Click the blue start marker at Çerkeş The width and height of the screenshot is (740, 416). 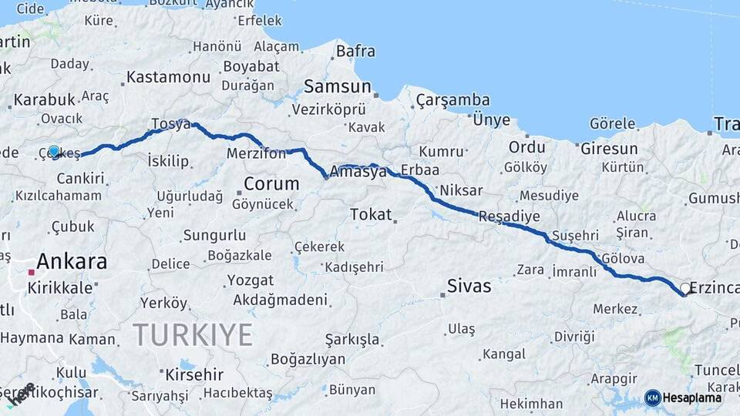[54, 152]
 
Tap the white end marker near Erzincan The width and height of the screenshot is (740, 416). [685, 289]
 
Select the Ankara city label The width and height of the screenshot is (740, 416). [72, 261]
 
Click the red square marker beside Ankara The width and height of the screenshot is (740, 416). [32, 272]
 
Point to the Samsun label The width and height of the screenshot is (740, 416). [338, 86]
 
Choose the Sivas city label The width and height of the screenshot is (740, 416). [469, 287]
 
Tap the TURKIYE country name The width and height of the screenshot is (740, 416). [193, 335]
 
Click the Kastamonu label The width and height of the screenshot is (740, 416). [168, 77]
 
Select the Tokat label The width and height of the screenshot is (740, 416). [371, 214]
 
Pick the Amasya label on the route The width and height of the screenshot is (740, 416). [358, 172]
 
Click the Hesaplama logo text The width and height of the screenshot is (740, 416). [692, 398]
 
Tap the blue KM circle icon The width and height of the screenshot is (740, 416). [652, 398]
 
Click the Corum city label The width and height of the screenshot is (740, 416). [271, 184]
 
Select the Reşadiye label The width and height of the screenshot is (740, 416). [510, 216]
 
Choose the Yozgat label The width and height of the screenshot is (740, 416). [250, 280]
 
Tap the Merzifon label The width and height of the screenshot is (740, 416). [256, 153]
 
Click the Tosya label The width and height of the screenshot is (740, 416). [170, 125]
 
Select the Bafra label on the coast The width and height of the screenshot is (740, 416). [355, 52]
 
